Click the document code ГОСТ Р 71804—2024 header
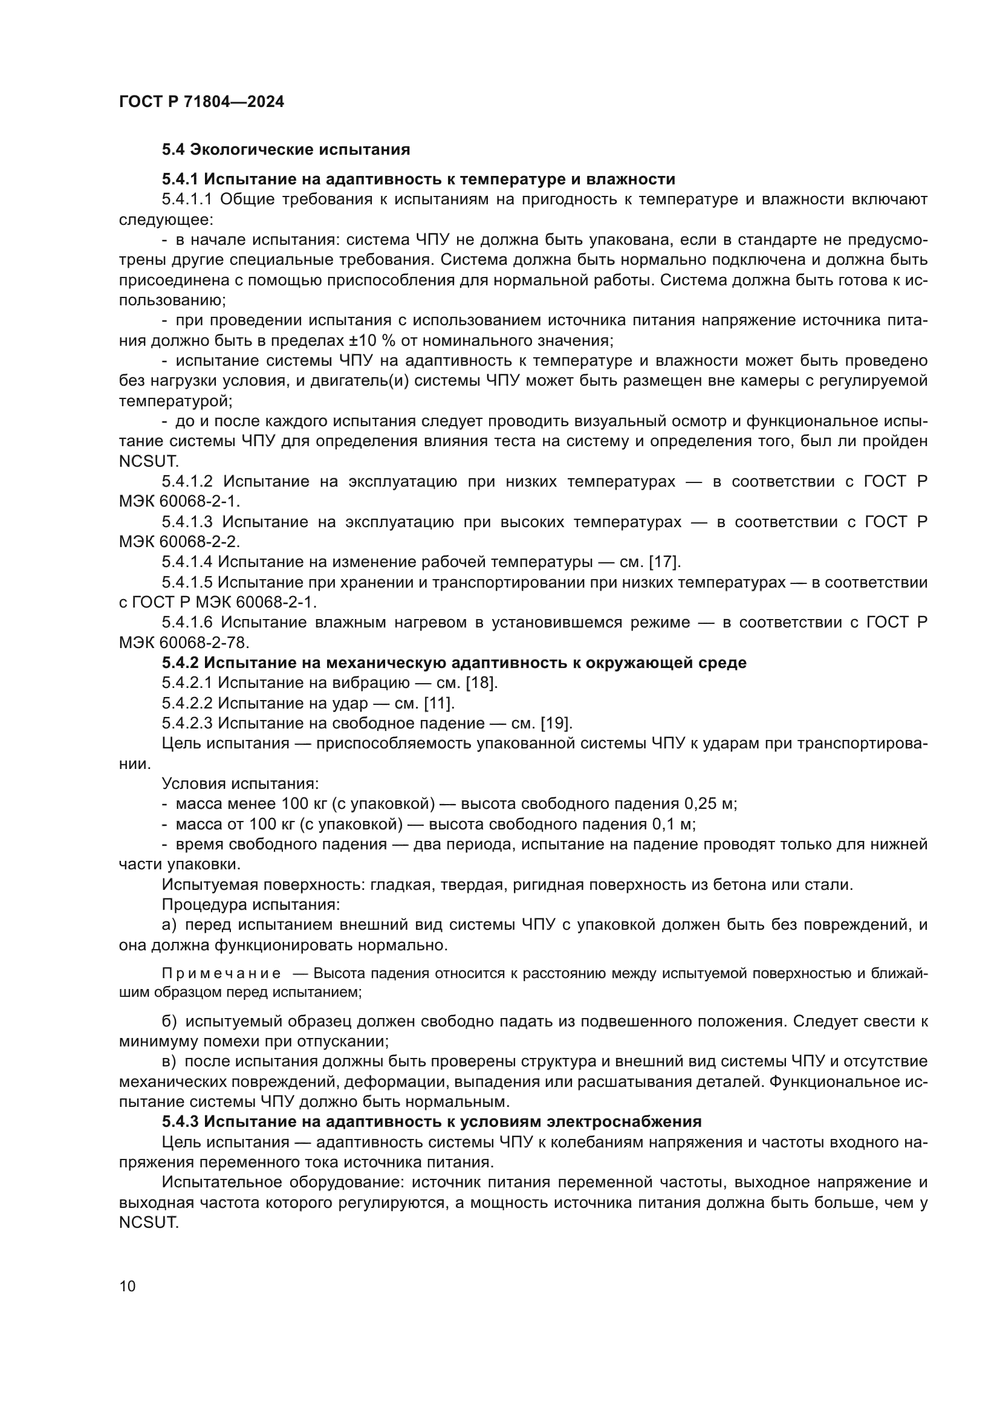pyautogui.click(x=201, y=102)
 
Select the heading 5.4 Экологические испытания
pyautogui.click(x=286, y=150)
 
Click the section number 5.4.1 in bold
pyautogui.click(x=180, y=179)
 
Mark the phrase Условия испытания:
pyautogui.click(x=240, y=783)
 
